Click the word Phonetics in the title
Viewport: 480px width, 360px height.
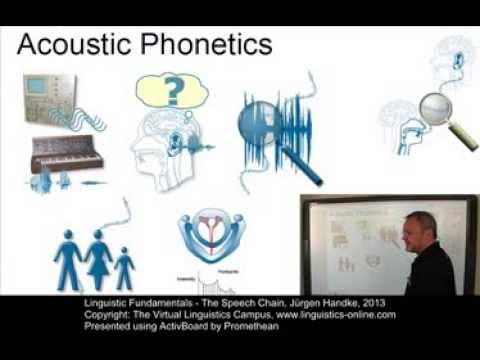point(206,44)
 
